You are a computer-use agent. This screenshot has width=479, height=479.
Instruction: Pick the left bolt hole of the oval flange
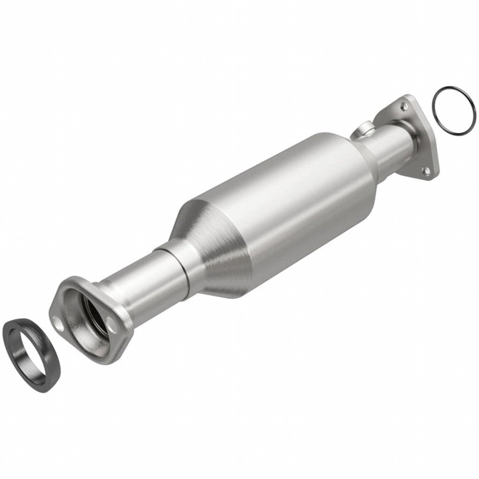58,322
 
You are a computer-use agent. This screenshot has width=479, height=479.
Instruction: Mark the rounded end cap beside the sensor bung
363,159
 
